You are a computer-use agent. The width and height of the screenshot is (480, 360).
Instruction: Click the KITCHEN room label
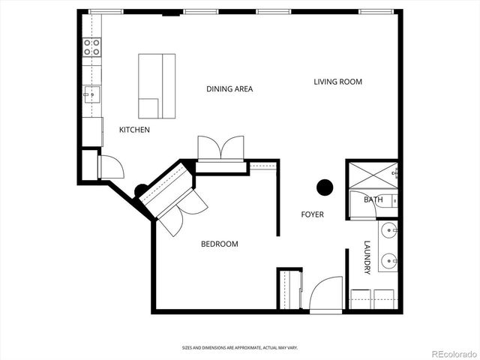(x=134, y=130)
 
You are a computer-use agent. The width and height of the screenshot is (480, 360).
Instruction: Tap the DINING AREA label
(x=229, y=88)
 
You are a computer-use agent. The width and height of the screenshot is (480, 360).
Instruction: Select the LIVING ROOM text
(x=337, y=81)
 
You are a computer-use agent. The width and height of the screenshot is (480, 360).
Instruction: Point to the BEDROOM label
(x=219, y=244)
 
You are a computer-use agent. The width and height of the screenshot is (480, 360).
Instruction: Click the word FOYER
(x=312, y=214)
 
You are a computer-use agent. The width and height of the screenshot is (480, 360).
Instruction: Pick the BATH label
(x=373, y=199)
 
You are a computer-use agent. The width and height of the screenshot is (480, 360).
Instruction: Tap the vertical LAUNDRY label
(x=367, y=257)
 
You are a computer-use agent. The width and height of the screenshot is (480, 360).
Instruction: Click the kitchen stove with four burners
(x=92, y=48)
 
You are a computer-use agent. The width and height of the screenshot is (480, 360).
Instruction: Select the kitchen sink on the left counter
(x=91, y=95)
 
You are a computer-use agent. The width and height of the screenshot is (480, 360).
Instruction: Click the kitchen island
(x=156, y=85)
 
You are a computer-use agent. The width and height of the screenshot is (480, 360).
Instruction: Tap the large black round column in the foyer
(x=325, y=187)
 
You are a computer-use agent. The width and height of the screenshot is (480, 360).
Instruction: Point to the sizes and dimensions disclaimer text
(x=240, y=347)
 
